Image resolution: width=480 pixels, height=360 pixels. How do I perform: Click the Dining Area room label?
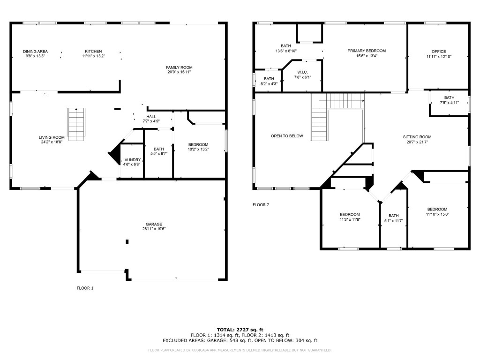coord(36,52)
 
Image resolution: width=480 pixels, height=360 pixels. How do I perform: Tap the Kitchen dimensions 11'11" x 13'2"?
coord(93,56)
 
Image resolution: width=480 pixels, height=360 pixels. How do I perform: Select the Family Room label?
coord(179,67)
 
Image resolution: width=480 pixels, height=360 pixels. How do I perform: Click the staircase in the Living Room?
coord(76,124)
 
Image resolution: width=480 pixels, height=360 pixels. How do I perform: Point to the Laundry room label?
coord(132,160)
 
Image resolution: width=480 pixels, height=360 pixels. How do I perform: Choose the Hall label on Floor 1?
coord(151,117)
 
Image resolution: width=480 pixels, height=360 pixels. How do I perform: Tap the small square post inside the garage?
coord(127,242)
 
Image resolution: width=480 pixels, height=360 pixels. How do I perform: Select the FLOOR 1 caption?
coord(85,288)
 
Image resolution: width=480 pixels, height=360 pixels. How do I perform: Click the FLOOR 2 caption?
coord(261,205)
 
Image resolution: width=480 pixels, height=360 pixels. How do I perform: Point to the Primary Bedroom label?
coord(367,51)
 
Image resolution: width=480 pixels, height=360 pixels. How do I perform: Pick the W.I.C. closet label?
coord(302,72)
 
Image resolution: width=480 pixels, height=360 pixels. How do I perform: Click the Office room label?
coord(439,52)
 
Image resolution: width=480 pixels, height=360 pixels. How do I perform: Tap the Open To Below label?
coord(287,136)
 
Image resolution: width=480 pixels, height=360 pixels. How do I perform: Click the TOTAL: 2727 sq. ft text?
coord(240,330)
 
